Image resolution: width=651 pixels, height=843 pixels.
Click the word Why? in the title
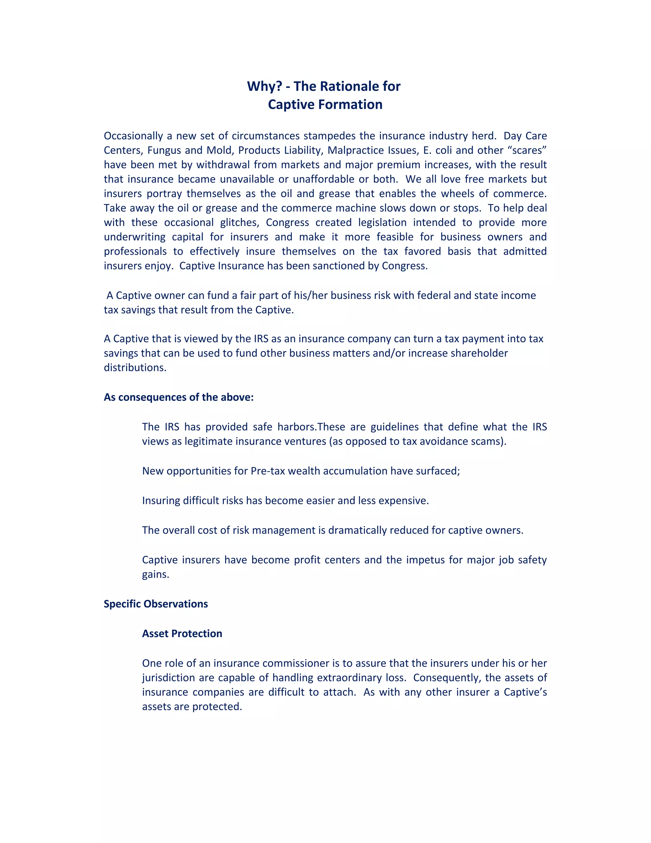tap(264, 87)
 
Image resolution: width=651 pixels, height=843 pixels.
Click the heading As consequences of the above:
tap(179, 397)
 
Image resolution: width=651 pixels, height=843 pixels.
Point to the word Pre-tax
tap(268, 471)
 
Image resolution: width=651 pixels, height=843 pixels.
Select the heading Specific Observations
tap(155, 604)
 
